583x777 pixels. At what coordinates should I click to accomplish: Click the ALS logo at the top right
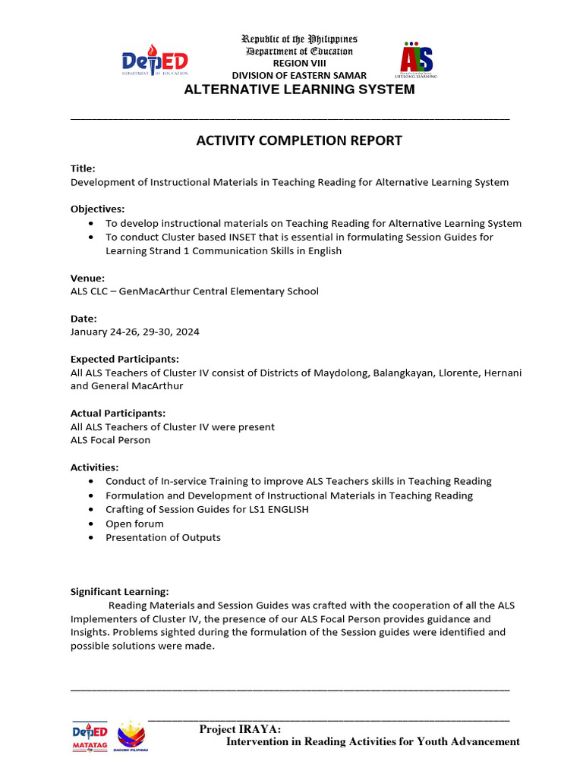coord(417,59)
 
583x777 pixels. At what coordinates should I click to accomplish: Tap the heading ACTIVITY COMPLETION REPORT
coord(299,140)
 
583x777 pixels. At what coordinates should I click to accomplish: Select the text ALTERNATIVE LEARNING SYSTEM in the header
coord(300,90)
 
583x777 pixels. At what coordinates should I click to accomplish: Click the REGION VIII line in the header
coord(299,63)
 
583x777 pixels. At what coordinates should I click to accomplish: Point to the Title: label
coord(83,168)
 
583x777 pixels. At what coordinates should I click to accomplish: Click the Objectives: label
coord(98,209)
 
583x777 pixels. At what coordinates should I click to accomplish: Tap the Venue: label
coord(87,278)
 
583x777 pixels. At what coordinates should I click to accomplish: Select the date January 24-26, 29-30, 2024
coord(135,332)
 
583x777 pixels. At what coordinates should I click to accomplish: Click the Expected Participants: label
coord(124,359)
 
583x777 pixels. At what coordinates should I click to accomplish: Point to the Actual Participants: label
coord(118,413)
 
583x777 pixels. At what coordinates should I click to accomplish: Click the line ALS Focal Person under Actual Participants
coord(110,440)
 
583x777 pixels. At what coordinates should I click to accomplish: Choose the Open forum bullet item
coord(134,524)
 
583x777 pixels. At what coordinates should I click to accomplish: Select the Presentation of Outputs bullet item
coord(162,537)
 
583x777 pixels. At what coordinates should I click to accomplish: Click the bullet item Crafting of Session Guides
coord(206,509)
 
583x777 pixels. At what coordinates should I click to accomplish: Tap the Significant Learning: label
coord(119,591)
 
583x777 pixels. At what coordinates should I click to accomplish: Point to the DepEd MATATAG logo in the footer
coord(90,736)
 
